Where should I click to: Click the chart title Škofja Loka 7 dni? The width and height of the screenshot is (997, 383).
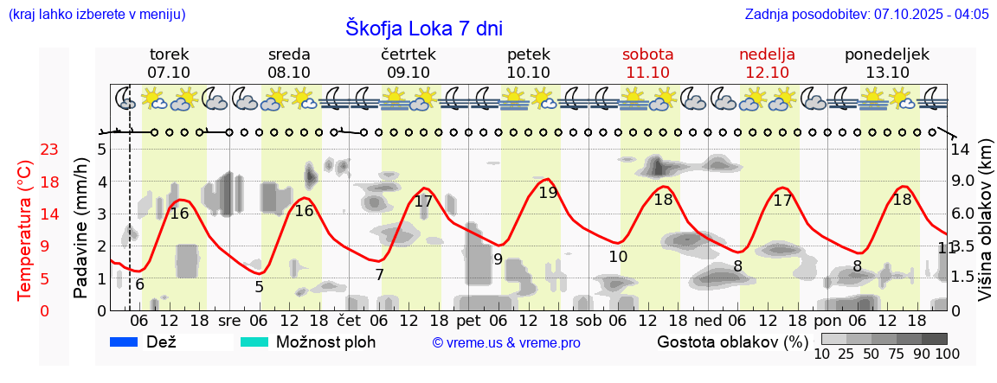(423, 28)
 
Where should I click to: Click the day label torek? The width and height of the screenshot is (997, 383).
(169, 54)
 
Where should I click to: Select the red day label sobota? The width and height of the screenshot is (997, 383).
(647, 54)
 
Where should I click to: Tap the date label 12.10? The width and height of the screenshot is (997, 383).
(767, 73)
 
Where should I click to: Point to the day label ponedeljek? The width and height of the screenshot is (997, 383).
(887, 54)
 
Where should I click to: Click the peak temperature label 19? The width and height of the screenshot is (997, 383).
(548, 194)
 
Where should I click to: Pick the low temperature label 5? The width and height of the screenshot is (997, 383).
(259, 287)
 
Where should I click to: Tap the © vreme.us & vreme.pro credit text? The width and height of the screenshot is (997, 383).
(506, 342)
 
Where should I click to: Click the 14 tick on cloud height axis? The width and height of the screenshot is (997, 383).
(961, 150)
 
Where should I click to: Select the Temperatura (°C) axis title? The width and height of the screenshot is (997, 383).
(25, 229)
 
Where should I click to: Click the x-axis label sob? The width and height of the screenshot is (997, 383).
(588, 320)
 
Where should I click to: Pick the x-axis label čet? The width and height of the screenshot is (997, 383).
(348, 320)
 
